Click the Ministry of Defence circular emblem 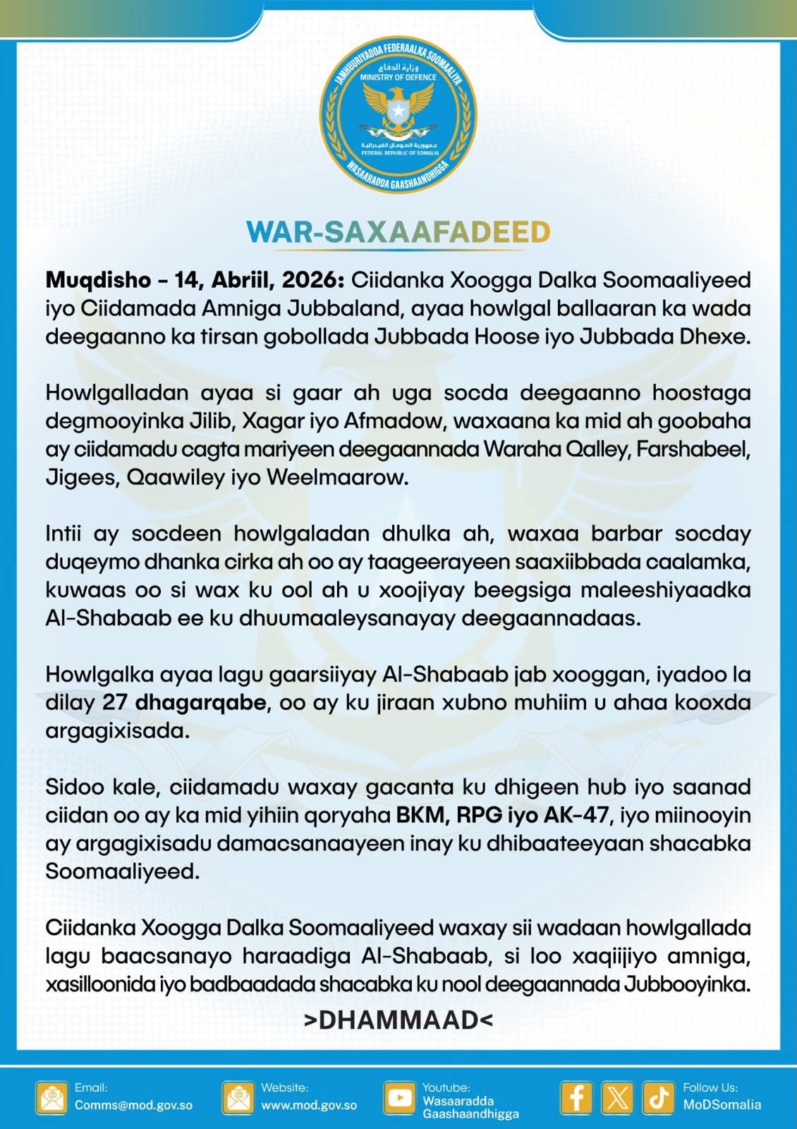[398, 116]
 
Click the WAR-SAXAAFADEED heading [398, 232]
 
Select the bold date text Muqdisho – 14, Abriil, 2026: [195, 280]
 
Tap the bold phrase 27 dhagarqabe [184, 702]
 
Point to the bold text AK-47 [576, 815]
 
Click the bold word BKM [420, 815]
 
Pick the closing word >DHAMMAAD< [398, 1020]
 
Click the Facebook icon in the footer [576, 1098]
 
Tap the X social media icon [618, 1098]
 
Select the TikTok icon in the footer [659, 1098]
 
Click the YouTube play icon [400, 1098]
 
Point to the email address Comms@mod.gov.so [133, 1105]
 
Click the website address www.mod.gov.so [309, 1105]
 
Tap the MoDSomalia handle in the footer [722, 1105]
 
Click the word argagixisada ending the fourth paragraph [118, 730]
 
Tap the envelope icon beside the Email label [52, 1098]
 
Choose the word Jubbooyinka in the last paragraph [687, 984]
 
